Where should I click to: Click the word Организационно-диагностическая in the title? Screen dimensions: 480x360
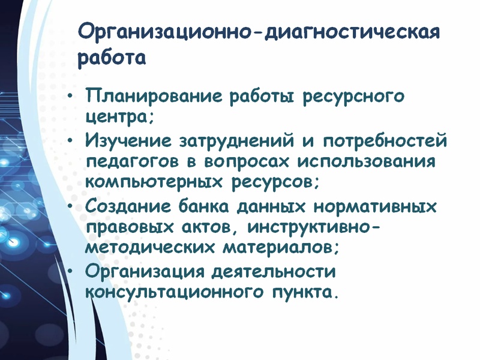(x=259, y=33)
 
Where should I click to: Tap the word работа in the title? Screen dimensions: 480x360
(x=112, y=58)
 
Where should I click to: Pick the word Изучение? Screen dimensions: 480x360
(x=128, y=142)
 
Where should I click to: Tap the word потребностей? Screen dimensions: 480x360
(x=385, y=141)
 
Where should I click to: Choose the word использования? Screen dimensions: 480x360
(x=366, y=161)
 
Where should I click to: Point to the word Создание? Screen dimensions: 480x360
(x=128, y=206)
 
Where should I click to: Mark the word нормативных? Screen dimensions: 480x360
(x=374, y=206)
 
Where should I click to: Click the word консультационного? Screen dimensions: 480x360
(x=173, y=292)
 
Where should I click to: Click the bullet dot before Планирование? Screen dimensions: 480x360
(x=70, y=96)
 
